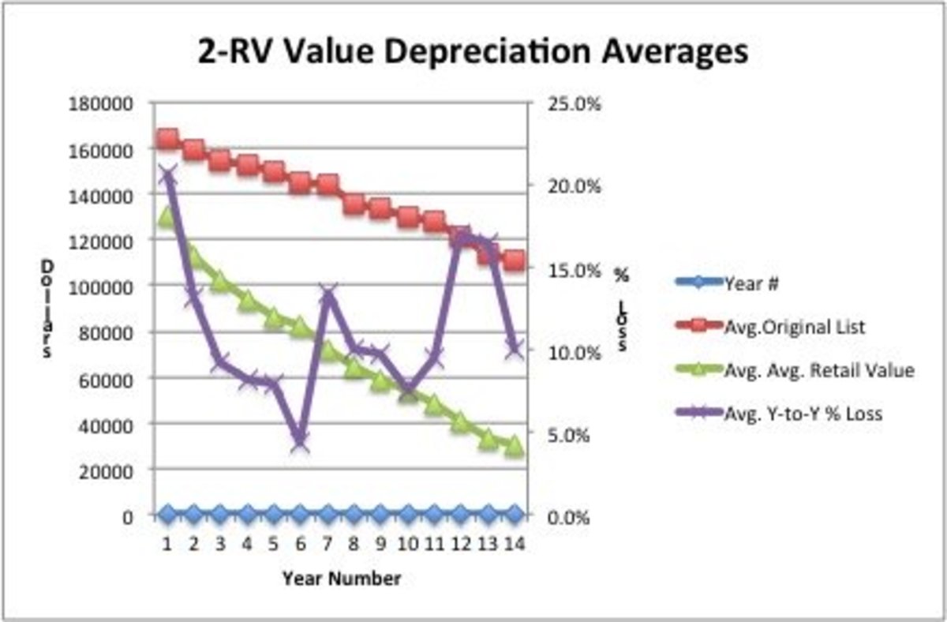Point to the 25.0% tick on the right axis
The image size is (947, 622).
[x=571, y=104]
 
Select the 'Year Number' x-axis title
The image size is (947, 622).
[x=342, y=579]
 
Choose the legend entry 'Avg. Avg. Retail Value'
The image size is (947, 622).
[x=818, y=369]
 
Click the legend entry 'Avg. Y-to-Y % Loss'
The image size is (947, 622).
[x=803, y=413]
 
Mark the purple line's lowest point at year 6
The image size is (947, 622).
[x=300, y=443]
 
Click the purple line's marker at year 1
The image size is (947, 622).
[x=167, y=175]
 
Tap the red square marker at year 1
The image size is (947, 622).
[x=167, y=139]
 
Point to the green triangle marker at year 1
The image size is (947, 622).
[x=167, y=217]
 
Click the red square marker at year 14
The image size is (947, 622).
[x=514, y=260]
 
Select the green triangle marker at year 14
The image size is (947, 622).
[x=514, y=446]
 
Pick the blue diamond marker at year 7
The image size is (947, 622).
[x=327, y=515]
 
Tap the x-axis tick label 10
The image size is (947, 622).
[x=406, y=544]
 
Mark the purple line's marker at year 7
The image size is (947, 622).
[x=327, y=296]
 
